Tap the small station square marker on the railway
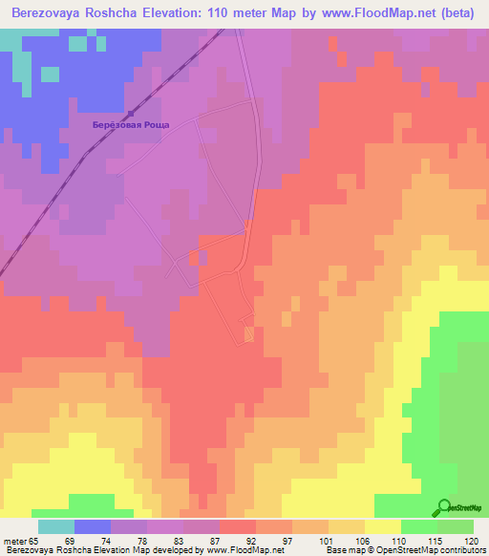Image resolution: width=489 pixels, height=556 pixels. pos(131,115)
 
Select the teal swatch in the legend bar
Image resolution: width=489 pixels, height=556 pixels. pos(56,526)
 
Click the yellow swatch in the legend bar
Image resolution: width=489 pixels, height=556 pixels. pos(383,526)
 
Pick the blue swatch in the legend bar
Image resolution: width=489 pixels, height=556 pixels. pos(93,526)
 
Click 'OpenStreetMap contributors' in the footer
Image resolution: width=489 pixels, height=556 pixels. pos(436,550)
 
